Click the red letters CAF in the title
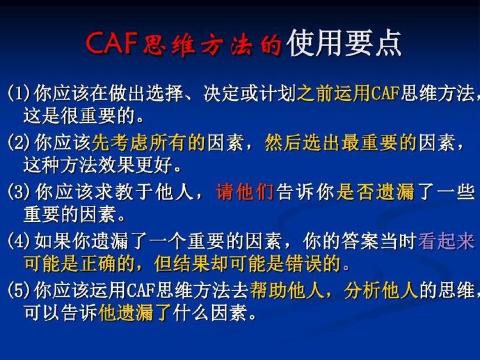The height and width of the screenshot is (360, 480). pyautogui.click(x=111, y=43)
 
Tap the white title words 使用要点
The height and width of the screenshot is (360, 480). pyautogui.click(x=344, y=43)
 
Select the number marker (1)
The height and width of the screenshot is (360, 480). pyautogui.click(x=19, y=93)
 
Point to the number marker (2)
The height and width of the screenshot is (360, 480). pyautogui.click(x=19, y=143)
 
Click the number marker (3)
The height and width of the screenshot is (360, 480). pyautogui.click(x=19, y=192)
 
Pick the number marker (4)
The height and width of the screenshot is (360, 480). pyautogui.click(x=19, y=241)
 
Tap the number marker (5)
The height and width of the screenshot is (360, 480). pyautogui.click(x=19, y=290)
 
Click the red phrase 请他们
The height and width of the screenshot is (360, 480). pyautogui.click(x=244, y=192)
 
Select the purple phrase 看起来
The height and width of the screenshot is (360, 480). pyautogui.click(x=447, y=241)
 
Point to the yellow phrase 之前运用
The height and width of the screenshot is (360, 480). pyautogui.click(x=333, y=93)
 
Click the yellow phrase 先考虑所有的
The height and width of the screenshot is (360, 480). pyautogui.click(x=148, y=143)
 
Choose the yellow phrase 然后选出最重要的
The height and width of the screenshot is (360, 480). pyautogui.click(x=340, y=143)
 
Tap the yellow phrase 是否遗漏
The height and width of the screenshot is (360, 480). pyautogui.click(x=375, y=192)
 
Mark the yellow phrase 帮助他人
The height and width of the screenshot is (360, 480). pyautogui.click(x=287, y=290)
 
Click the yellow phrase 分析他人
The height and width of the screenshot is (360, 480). pyautogui.click(x=381, y=290)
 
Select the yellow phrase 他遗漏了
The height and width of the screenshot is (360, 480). pyautogui.click(x=134, y=313)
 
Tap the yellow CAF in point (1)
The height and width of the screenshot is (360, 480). pyautogui.click(x=385, y=93)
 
